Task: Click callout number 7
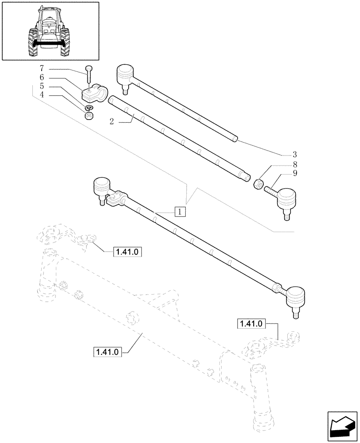coord(42,69)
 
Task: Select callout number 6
coord(42,78)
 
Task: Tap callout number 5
coord(42,87)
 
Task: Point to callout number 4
coord(42,96)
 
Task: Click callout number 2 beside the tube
coord(112,121)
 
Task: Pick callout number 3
coord(294,155)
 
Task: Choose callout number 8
coord(294,164)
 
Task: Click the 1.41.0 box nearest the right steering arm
coord(251,324)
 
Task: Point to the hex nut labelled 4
coord(89,117)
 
